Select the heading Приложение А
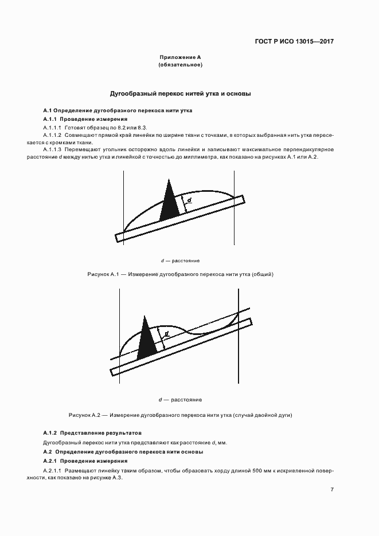pos(179,58)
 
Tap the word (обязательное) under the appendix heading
pos(179,65)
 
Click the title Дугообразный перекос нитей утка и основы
pos(180,93)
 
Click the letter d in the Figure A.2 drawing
pos(166,333)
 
